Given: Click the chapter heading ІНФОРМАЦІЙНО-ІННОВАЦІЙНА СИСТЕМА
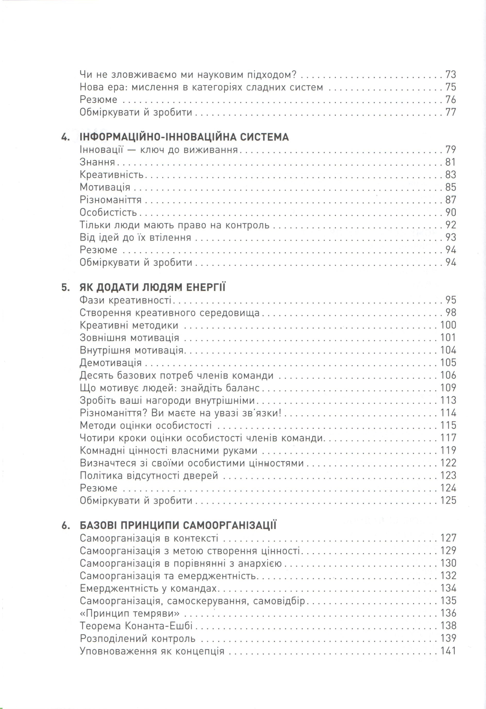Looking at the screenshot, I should pos(184,137).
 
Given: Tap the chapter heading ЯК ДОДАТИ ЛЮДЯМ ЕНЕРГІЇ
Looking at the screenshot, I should pos(152,287).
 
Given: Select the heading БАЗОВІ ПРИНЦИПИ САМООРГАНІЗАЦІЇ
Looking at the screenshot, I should pos(178,525).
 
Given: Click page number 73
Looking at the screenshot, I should pos(451,75).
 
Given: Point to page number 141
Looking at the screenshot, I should pos(448,651).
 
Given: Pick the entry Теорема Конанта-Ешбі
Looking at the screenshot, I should pos(136,626).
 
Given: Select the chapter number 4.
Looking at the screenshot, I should pos(65,137).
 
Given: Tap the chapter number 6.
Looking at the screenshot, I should pos(65,525).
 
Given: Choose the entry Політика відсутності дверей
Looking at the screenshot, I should pos(149,475).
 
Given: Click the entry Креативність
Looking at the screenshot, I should pos(112,175).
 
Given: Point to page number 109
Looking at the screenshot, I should pos(448,388).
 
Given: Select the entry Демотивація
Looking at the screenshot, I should pos(111,363).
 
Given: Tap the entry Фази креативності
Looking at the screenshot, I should pos(125,300).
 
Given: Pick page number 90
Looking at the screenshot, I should pos(451,212).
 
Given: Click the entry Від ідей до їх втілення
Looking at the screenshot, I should pos(135,237).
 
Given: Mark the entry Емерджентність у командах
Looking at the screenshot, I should pos(148,588).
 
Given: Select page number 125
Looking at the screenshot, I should pos(448,500).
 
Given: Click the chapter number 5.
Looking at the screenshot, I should pos(65,287).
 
